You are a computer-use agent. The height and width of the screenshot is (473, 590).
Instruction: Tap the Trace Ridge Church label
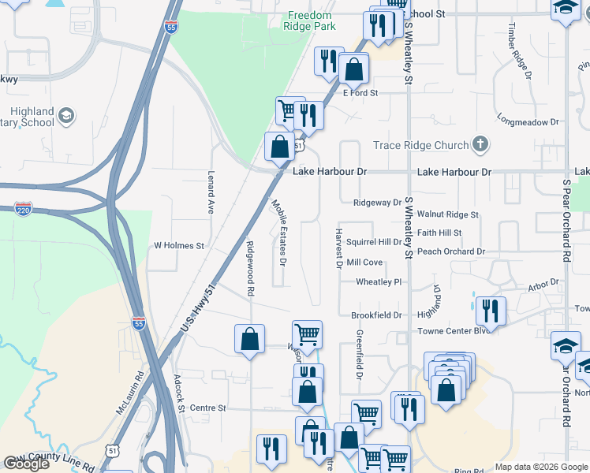tap(420, 145)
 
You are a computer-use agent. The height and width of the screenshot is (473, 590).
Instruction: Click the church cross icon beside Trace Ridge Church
tap(479, 144)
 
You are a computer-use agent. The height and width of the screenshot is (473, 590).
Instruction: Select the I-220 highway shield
tap(23, 209)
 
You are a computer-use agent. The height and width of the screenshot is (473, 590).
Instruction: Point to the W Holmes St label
tap(178, 246)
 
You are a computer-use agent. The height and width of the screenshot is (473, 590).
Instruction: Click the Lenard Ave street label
tap(211, 194)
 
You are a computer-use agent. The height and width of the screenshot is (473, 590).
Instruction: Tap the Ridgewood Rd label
tap(250, 268)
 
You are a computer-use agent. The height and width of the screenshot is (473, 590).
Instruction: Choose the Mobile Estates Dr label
tap(278, 231)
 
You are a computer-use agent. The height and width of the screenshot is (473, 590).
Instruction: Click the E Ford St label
tap(360, 93)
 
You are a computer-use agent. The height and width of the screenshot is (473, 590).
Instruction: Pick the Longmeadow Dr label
tap(528, 122)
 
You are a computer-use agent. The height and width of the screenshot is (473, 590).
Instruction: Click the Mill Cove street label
tap(364, 263)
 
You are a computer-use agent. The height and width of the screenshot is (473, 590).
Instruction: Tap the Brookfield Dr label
tap(376, 315)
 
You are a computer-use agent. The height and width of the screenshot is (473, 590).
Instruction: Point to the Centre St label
tap(208, 408)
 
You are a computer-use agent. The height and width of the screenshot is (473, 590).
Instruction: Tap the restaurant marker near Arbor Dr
tap(491, 310)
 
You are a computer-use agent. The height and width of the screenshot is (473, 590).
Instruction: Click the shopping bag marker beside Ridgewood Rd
tap(249, 340)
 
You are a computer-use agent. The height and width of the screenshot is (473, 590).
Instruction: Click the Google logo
tap(26, 464)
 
